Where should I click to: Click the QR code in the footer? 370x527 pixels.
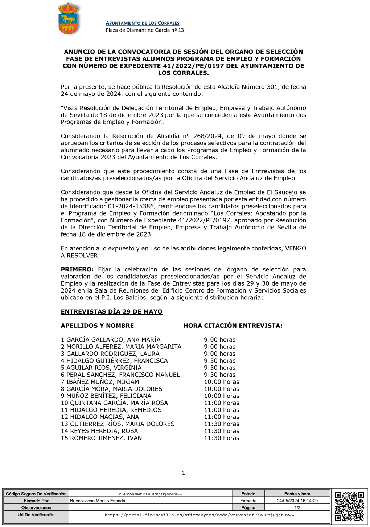349,506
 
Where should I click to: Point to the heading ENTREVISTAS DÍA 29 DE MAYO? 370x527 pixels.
111,312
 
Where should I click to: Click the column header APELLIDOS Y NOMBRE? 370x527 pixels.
97,326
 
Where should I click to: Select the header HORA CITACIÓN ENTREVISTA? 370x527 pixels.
233,326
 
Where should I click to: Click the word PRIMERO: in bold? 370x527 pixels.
77,270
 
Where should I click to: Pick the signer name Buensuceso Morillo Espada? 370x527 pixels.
98,501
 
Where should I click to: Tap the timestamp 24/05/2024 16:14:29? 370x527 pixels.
297,501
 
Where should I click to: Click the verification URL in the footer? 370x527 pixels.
199,515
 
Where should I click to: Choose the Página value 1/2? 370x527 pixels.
297,508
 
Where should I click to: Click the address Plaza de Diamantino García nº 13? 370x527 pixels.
145,30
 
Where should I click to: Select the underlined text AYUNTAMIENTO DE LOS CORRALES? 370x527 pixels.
143,23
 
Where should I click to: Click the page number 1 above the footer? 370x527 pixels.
184,473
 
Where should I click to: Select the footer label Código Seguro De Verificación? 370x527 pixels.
36,494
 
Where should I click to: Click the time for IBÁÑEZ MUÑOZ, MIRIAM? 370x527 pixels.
221,382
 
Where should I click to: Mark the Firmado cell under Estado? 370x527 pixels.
248,501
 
